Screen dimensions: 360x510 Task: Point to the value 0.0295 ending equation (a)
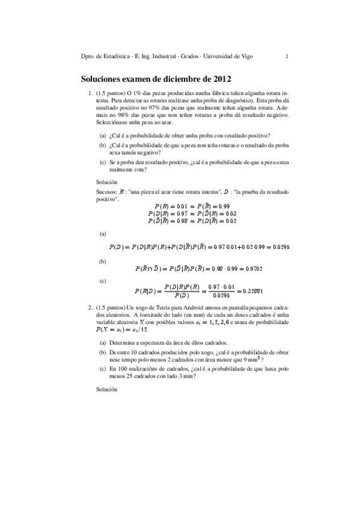pyautogui.click(x=281, y=247)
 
